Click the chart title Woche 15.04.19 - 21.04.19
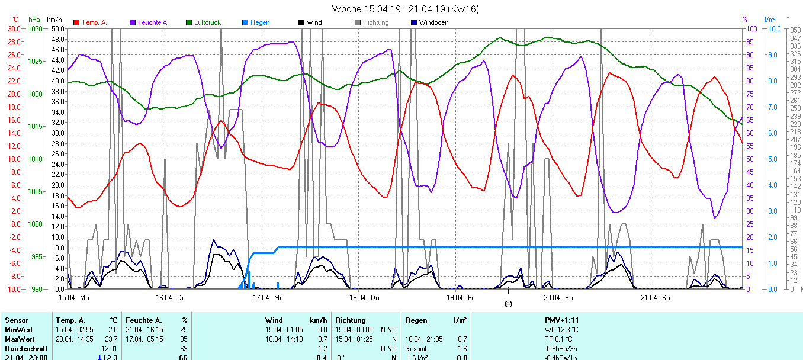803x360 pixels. point(406,9)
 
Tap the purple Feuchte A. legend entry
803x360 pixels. point(153,22)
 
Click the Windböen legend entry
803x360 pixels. point(433,22)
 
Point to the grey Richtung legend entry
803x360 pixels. point(375,22)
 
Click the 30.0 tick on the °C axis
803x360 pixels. point(14,29)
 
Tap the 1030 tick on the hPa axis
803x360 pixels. point(36,29)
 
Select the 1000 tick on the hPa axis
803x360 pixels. point(36,224)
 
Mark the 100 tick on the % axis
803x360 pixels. point(750,29)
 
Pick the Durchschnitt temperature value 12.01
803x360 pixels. point(110,348)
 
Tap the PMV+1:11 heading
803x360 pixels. point(561,320)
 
